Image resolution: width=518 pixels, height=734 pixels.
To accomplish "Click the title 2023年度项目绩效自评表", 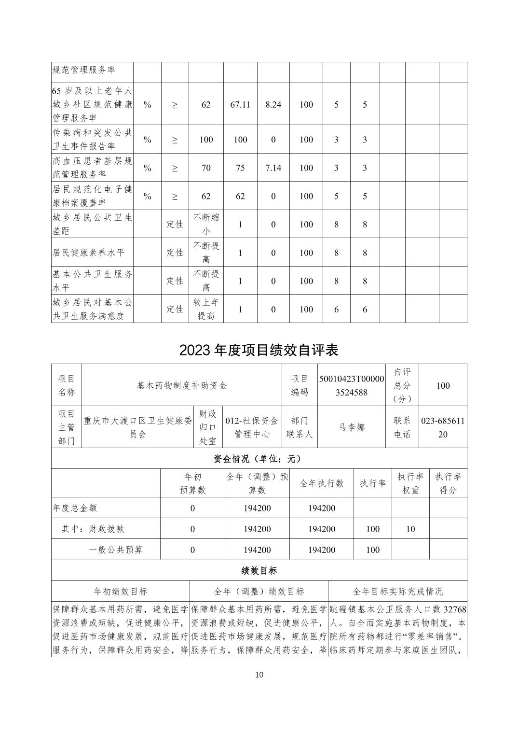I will tap(259, 350).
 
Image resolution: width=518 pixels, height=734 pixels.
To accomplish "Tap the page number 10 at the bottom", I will tap(259, 675).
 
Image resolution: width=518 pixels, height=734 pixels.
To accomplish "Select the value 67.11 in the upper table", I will tap(240, 104).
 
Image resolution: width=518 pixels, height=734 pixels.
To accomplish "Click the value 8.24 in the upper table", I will tap(273, 104).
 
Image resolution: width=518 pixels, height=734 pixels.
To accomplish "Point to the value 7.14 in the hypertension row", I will tap(273, 168).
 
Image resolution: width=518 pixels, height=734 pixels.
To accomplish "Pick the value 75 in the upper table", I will tap(240, 168).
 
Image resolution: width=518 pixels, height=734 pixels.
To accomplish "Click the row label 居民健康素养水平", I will tap(89, 253).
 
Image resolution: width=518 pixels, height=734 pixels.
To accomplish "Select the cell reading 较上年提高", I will tap(206, 309).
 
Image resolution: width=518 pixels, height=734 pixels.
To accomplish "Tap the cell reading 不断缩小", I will tap(206, 224).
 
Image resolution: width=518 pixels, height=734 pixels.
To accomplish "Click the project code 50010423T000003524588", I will tap(352, 385).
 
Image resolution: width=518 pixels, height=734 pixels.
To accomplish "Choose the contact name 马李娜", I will tap(352, 427).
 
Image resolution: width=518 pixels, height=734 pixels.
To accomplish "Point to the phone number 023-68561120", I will tap(443, 427).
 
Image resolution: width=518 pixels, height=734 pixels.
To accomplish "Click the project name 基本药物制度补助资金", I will tap(182, 385).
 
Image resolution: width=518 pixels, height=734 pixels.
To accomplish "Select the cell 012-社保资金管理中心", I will tap(252, 427).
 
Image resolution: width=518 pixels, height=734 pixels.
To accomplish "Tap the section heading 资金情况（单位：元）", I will tap(259, 458).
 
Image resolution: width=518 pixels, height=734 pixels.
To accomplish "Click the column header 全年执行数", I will tap(322, 483).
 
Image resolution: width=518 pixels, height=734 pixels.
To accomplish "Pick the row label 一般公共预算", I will tap(116, 550).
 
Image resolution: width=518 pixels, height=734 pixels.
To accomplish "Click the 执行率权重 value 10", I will tap(410, 529).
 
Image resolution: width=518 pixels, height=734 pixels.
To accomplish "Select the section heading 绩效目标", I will tap(259, 570).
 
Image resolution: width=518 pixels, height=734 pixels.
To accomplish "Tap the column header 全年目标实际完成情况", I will tap(397, 591).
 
